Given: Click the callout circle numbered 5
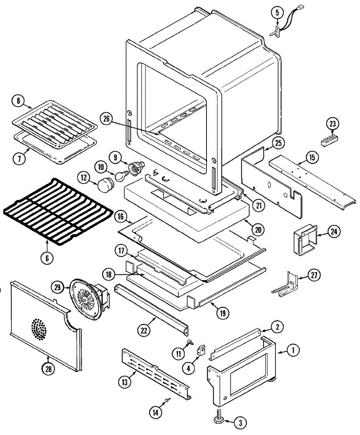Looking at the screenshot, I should pyautogui.click(x=277, y=13).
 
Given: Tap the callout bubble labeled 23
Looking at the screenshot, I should pyautogui.click(x=332, y=124).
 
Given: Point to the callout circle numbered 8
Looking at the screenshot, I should pyautogui.click(x=18, y=101).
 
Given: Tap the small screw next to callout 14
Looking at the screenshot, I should pyautogui.click(x=168, y=400).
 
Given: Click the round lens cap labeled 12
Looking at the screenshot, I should pyautogui.click(x=104, y=184).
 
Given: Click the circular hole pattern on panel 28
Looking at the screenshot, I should pyautogui.click(x=38, y=329).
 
